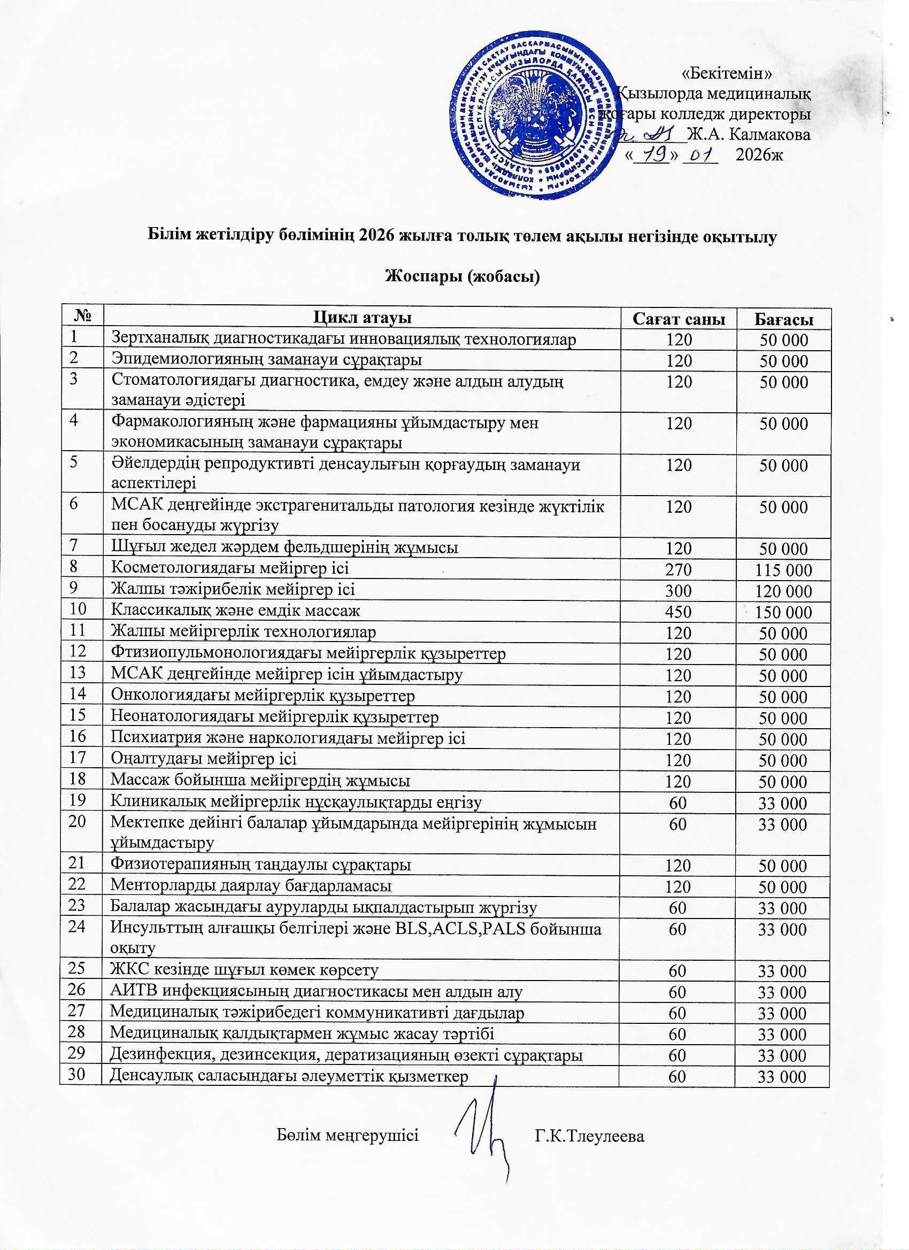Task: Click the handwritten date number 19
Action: (x=651, y=156)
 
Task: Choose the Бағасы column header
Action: (x=783, y=319)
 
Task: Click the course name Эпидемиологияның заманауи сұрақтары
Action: (x=267, y=360)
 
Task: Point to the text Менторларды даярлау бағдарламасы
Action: (x=251, y=886)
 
